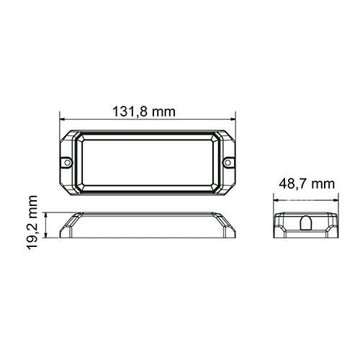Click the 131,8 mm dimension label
144,112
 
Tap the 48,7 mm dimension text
307,184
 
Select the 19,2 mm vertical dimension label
32,222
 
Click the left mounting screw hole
68,163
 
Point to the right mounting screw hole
228,163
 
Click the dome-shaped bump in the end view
306,223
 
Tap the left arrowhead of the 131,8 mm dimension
63,119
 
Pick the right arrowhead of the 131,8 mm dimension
233,119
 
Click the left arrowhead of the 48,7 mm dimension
276,200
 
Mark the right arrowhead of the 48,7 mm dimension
336,200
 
